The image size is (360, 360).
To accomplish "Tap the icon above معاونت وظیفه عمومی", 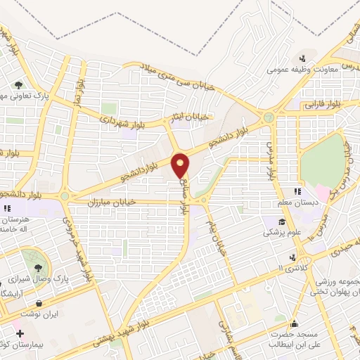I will [x=303, y=58].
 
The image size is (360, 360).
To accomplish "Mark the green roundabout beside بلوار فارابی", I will [x=268, y=117].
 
